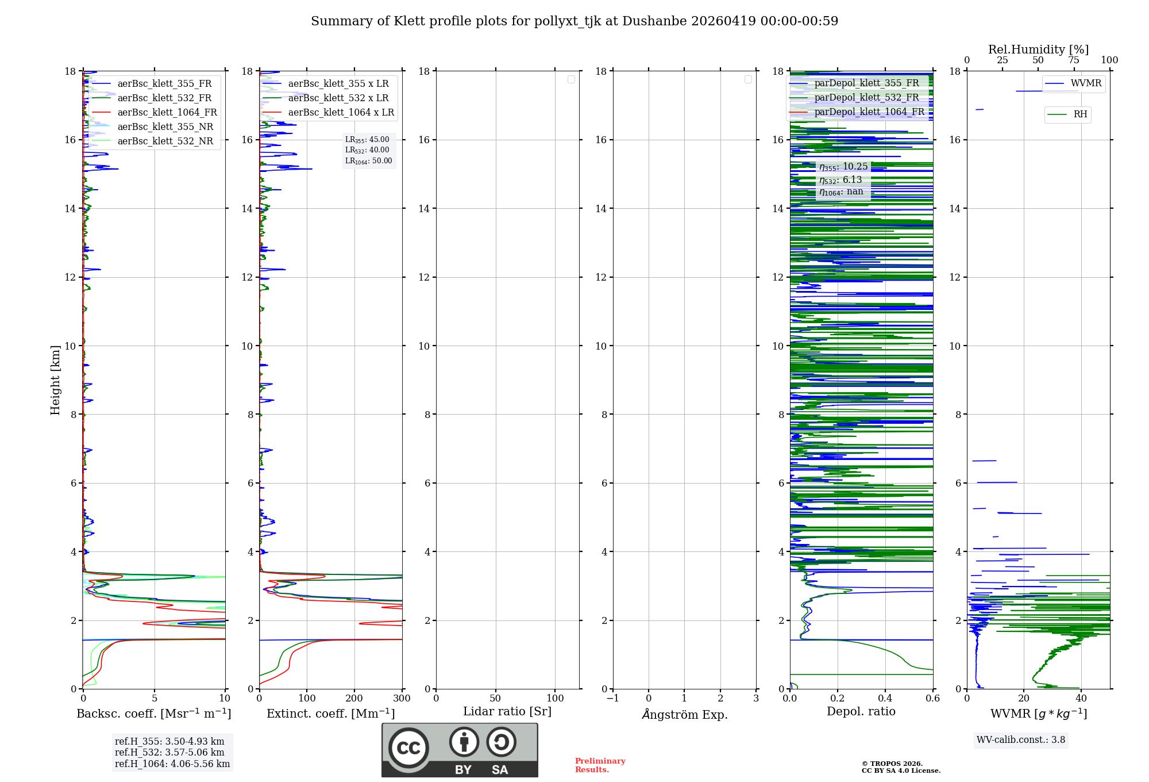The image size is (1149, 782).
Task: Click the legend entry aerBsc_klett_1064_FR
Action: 167,113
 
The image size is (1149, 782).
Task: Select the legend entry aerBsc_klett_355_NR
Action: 165,127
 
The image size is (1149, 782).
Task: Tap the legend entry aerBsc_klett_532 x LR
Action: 338,98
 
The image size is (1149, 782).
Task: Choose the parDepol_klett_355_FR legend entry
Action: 866,83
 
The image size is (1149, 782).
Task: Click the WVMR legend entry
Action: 1086,83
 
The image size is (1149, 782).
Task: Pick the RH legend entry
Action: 1080,114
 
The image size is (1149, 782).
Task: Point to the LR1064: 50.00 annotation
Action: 368,161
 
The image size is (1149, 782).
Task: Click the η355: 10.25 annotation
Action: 843,167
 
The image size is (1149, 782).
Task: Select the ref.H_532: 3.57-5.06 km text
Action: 169,753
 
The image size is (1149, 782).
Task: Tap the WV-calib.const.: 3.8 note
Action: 1021,740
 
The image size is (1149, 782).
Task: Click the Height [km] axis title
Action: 55,380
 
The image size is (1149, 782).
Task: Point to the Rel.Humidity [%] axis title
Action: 1038,49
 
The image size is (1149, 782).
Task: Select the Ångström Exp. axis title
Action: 685,715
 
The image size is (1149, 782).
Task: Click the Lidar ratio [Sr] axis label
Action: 507,712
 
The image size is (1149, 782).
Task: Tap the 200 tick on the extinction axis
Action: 354,699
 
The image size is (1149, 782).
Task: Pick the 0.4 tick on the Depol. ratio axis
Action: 885,699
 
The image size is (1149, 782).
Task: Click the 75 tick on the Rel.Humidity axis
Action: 1074,60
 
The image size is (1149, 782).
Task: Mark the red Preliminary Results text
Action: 600,765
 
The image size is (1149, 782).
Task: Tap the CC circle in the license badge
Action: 408,748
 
